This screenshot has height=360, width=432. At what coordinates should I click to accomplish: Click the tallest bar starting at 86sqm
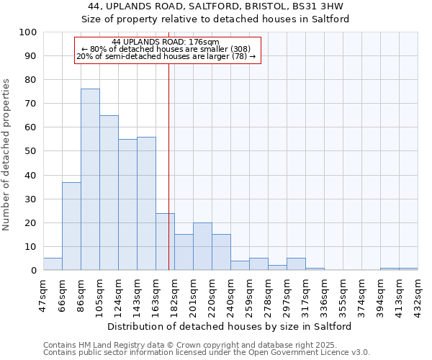(90, 179)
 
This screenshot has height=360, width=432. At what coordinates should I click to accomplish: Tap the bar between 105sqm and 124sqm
(109, 192)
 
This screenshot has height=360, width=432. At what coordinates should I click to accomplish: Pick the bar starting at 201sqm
(202, 246)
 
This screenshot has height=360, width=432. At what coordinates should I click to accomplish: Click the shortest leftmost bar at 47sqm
(53, 264)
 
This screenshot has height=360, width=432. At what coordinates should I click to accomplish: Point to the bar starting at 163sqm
(165, 241)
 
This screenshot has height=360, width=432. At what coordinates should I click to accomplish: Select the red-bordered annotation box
(167, 50)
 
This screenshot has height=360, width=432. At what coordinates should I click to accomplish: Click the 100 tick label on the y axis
(28, 32)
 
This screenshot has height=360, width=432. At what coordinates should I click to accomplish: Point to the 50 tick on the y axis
(31, 151)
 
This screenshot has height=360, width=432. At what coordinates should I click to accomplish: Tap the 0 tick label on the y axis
(34, 271)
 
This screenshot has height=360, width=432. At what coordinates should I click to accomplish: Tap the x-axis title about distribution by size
(230, 327)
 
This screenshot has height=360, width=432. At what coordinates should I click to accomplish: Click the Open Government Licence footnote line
(207, 353)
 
